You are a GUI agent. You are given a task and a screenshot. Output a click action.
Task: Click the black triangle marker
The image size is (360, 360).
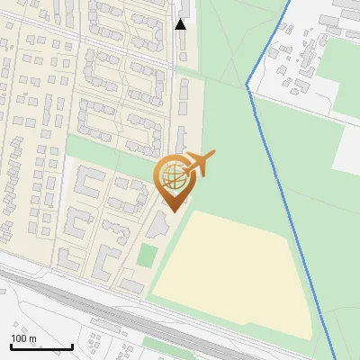coord(180,24)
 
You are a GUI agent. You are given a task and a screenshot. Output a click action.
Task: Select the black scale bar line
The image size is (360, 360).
coord(41,346)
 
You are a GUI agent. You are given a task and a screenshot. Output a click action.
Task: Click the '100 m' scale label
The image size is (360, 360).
coord(23,338)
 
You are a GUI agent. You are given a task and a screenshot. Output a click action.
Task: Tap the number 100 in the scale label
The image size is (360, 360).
coord(19,338)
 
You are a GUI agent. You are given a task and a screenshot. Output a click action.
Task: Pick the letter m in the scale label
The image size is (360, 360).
coord(32,338)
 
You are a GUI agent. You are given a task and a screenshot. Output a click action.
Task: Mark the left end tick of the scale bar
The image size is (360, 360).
coord(11,346)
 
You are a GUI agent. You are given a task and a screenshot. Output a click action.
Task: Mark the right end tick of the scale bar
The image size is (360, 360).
coord(72,346)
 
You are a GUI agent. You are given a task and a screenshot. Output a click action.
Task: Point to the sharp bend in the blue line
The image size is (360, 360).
coord(247,85)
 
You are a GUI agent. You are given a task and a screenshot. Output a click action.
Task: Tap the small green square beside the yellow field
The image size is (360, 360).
coord(146,256)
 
